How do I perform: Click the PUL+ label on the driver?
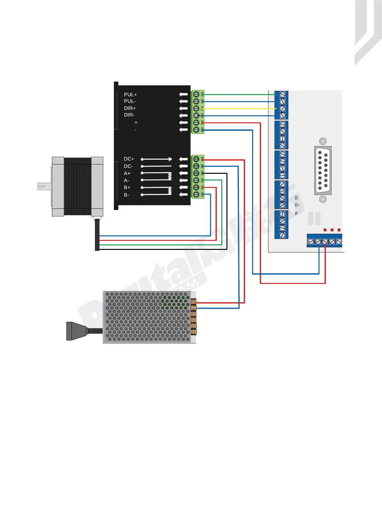[x=130, y=95]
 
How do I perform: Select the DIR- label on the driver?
[x=129, y=115]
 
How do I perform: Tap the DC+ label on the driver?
[x=129, y=159]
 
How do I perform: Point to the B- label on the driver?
[x=127, y=195]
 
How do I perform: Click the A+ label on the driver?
[x=127, y=173]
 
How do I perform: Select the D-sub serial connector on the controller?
[x=323, y=171]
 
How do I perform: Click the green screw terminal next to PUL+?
[x=196, y=94]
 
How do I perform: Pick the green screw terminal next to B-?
[x=196, y=195]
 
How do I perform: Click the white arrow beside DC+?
[x=183, y=159]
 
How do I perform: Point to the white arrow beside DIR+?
[x=183, y=109]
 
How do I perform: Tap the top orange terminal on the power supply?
[x=193, y=302]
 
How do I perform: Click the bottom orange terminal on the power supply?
[x=193, y=332]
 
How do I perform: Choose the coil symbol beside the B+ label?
[x=170, y=190]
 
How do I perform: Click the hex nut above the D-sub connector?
[x=323, y=141]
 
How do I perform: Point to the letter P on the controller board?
[x=296, y=214]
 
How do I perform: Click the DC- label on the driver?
[x=128, y=166]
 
